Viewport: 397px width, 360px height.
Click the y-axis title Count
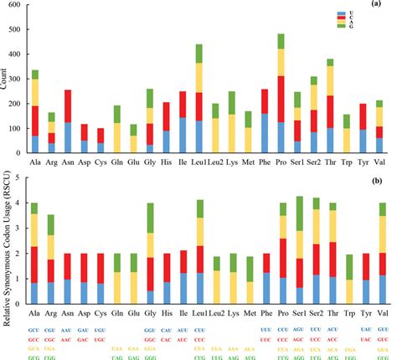point(6,81)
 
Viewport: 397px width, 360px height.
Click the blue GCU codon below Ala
point(35,330)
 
